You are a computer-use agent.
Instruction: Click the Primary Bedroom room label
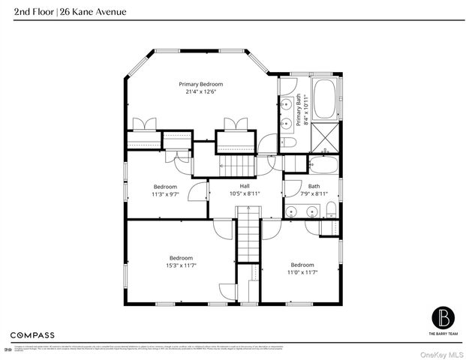pyautogui.click(x=200, y=84)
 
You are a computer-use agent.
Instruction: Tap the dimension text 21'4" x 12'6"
pyautogui.click(x=200, y=92)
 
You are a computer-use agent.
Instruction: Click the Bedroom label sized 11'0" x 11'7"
pyautogui.click(x=302, y=265)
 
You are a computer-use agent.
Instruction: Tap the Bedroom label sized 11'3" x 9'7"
pyautogui.click(x=165, y=186)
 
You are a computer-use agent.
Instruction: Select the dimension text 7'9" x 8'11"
pyautogui.click(x=314, y=193)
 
